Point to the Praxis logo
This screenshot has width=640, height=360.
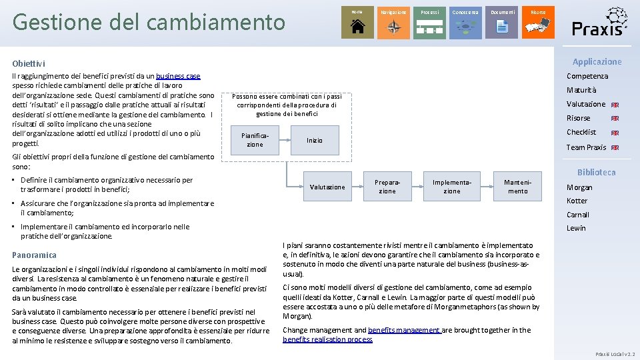coord(599,22)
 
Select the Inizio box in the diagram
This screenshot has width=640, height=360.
coord(315,141)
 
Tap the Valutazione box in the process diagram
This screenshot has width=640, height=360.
coord(327,187)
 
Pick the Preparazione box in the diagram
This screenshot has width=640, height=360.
coord(387,187)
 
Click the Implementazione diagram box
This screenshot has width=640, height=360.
coord(452,187)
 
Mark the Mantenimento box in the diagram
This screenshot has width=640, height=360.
coord(517,187)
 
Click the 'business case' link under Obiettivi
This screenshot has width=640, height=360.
coord(178,77)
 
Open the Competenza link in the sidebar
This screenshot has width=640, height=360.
coord(587,76)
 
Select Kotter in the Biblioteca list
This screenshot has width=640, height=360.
coord(577,201)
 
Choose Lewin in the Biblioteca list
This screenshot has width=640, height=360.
coord(576,228)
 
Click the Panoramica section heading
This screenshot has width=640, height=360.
coord(35,255)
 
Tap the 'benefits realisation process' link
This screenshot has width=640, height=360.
coord(327,339)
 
